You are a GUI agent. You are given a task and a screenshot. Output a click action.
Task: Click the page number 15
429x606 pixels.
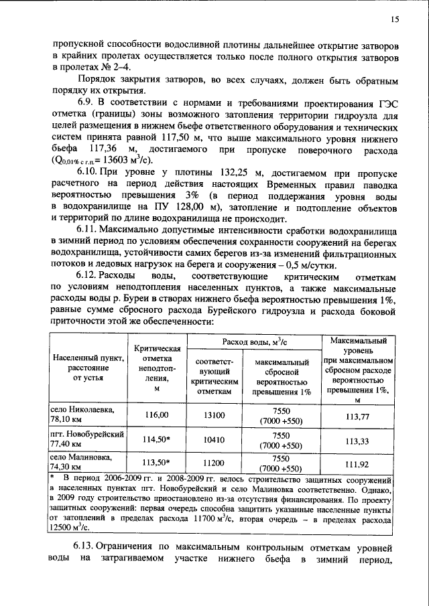coord(395,20)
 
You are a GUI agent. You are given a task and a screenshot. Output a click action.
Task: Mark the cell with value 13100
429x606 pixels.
coord(215,415)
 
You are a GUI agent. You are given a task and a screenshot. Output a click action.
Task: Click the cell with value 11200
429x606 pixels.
coord(215,462)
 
